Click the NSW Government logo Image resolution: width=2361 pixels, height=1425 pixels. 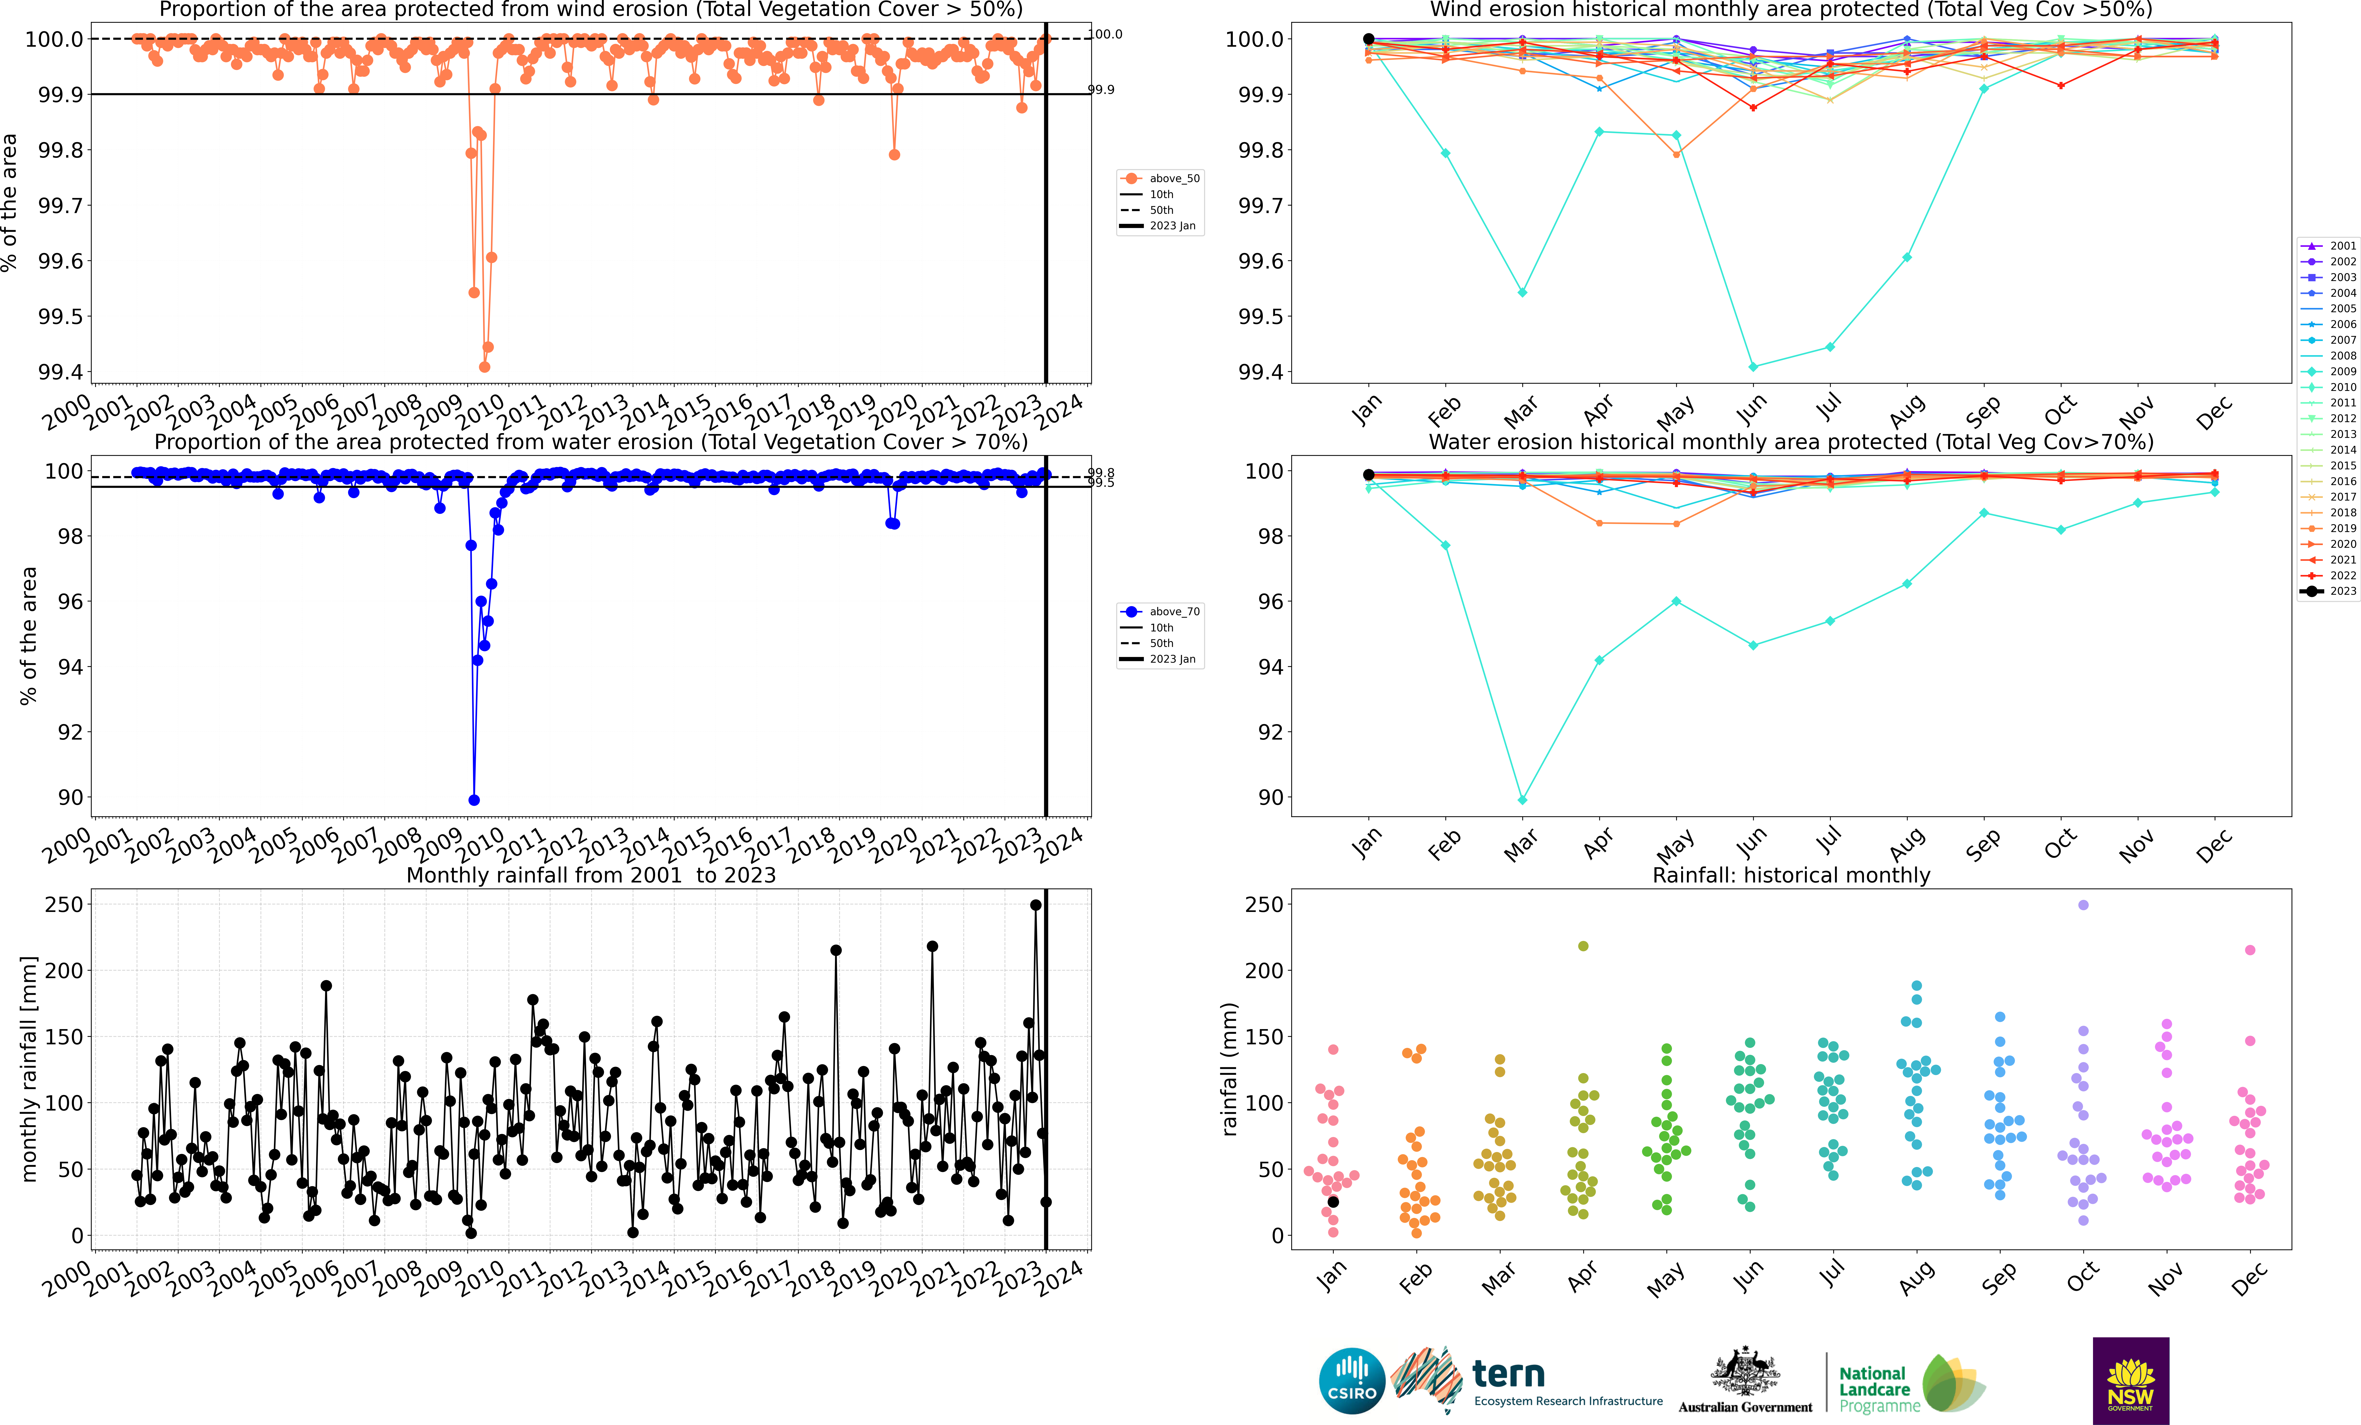(2130, 1380)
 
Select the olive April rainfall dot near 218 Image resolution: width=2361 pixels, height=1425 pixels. (1583, 946)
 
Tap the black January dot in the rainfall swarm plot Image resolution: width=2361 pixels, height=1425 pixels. (1333, 1202)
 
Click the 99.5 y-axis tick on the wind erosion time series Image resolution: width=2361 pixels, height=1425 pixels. (60, 316)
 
